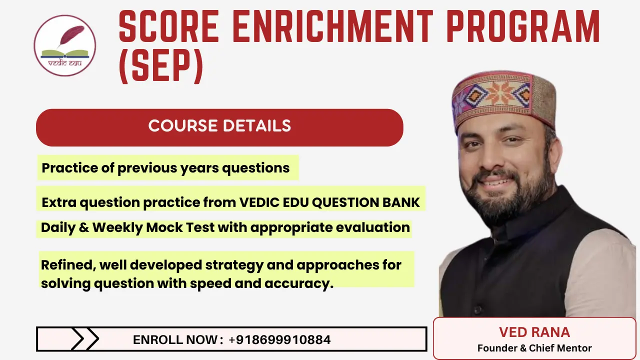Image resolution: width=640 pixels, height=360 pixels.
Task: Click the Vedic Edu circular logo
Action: coord(64,45)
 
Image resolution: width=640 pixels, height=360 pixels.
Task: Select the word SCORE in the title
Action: coord(167,27)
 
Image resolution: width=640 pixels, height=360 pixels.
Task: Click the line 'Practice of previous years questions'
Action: coord(165,168)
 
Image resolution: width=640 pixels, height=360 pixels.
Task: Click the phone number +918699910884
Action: coord(279,340)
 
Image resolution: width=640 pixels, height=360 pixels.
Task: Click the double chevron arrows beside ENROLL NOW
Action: coord(85,339)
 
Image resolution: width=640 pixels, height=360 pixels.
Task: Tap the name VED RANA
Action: coord(534,332)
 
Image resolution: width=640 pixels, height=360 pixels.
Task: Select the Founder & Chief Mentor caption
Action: coord(534,348)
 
